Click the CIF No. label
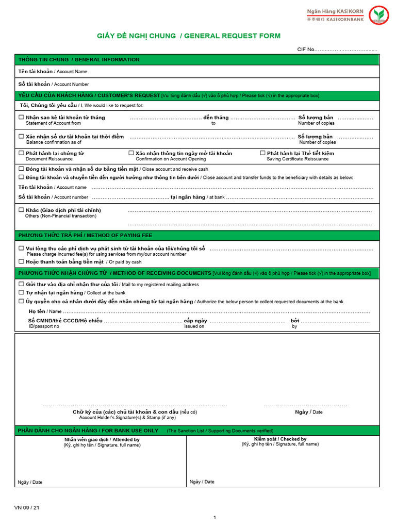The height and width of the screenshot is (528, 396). [306, 49]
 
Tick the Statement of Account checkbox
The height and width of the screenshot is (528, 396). [21, 118]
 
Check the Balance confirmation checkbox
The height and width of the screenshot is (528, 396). [21, 137]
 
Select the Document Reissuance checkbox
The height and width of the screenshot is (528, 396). [21, 153]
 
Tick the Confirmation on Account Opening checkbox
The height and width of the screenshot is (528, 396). [131, 153]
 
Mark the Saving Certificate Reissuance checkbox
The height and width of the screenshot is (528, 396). [262, 153]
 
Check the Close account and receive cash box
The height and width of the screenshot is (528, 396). [21, 169]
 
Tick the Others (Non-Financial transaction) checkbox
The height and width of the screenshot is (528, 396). [21, 210]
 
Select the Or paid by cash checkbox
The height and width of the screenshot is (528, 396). [21, 261]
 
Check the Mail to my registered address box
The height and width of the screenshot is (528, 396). [21, 284]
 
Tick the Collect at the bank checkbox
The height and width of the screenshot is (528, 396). [21, 292]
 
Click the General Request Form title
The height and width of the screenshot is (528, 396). [189, 36]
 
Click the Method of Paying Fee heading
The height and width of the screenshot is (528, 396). [85, 235]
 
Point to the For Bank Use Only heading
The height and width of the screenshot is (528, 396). [88, 431]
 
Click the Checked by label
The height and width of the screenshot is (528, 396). [280, 439]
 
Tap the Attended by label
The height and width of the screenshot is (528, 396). [102, 440]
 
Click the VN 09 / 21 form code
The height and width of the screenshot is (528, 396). [27, 508]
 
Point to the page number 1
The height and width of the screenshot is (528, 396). [214, 517]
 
